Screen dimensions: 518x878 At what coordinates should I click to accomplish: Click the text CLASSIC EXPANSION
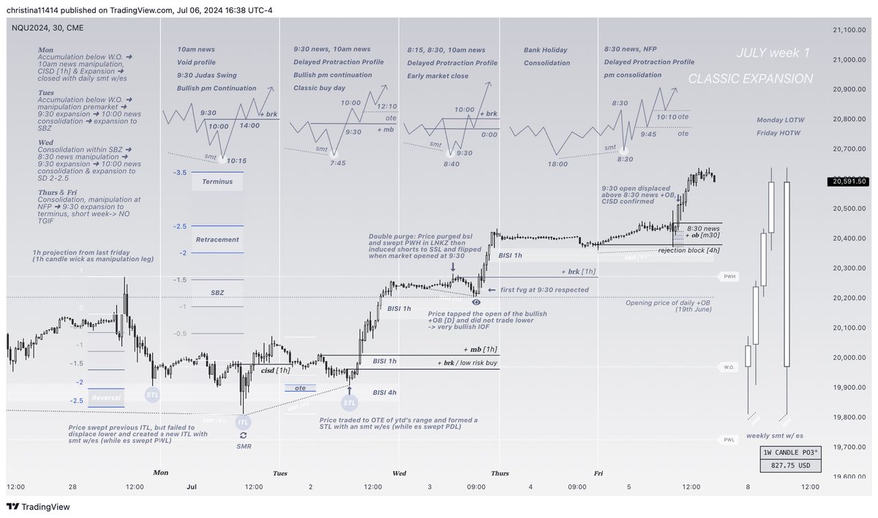[x=751, y=78]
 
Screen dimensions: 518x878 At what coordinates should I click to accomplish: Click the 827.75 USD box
[x=789, y=465]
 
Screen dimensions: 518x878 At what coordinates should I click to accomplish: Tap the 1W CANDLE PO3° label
[x=789, y=451]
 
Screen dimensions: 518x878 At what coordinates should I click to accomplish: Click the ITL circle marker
[x=242, y=422]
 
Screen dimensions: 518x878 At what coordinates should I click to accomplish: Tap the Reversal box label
[x=105, y=397]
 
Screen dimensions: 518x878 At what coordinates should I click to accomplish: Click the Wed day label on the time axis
[x=400, y=473]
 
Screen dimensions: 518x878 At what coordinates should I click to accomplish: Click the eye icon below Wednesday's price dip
[x=476, y=301]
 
